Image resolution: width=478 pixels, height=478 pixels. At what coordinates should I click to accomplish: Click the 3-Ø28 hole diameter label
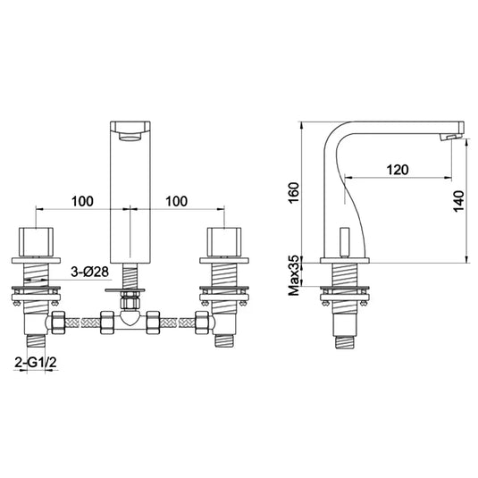[x=92, y=270]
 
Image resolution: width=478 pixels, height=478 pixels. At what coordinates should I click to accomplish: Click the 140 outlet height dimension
[x=457, y=204]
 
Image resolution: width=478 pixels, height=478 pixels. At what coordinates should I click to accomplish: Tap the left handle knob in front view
[x=35, y=241]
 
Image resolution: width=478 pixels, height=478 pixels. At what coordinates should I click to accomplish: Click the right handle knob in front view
[x=222, y=241]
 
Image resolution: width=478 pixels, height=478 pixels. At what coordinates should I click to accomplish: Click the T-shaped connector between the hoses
[x=129, y=317]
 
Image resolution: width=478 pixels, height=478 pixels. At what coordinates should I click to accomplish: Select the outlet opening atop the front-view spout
[x=129, y=131]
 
